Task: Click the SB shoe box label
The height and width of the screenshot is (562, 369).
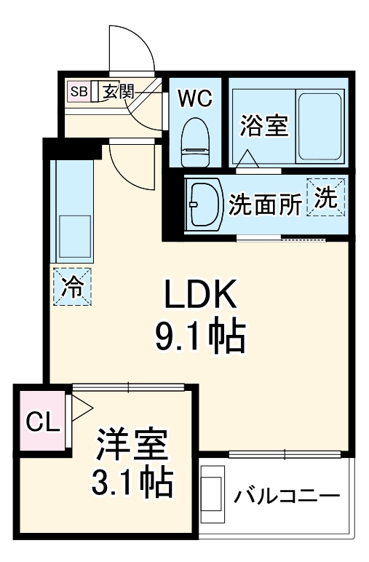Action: [79, 91]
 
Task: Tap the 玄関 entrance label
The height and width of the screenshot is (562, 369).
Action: [118, 91]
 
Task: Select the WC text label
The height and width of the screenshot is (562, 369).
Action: [194, 99]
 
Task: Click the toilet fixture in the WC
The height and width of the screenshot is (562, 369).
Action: [194, 143]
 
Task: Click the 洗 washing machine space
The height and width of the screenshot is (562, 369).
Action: [326, 197]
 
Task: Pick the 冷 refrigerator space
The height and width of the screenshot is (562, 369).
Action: [72, 287]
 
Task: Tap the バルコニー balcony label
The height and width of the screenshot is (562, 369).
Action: [287, 497]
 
